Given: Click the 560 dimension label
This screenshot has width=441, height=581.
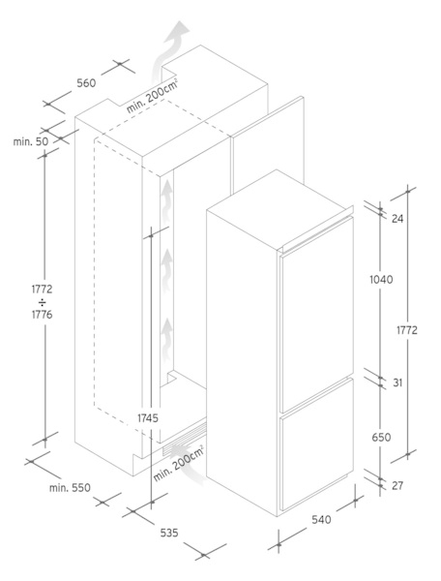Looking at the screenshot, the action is tap(86, 83).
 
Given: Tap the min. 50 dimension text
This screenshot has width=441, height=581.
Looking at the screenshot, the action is tap(31, 141).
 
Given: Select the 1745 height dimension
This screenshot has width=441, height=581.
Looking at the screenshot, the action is tap(148, 418).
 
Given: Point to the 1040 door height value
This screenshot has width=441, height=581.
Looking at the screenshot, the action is tap(381, 279).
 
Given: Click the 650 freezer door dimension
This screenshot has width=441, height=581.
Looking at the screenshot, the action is tap(381, 438).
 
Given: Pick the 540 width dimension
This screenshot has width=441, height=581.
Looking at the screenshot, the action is tap(321, 520).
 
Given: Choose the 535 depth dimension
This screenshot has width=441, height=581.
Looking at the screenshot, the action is tap(169, 533).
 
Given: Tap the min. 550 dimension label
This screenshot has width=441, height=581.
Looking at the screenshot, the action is tap(70, 488).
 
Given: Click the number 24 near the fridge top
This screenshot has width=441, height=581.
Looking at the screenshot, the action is tap(397, 219).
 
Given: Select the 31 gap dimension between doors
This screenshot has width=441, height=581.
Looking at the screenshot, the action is tap(397, 382).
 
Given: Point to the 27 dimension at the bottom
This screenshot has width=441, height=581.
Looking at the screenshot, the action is tap(397, 485).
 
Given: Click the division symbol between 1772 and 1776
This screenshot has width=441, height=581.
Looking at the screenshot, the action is tap(42, 301).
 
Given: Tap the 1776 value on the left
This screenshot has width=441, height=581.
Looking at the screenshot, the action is tap(42, 315).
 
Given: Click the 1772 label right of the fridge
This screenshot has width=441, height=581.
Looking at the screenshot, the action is tap(407, 330).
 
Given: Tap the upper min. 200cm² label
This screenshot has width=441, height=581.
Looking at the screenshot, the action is tap(153, 96).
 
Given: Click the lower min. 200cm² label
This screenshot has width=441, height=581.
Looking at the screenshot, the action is tap(179, 465).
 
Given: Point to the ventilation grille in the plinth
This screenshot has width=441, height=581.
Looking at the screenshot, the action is tap(184, 438).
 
